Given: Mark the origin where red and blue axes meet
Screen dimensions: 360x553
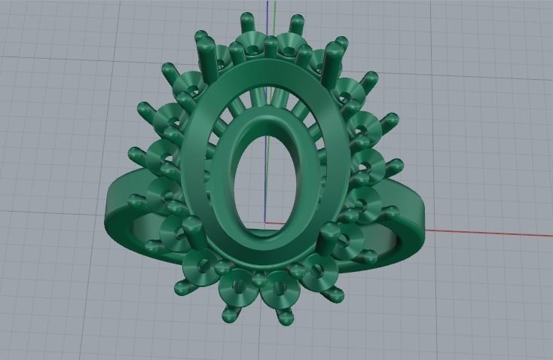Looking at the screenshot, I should (267, 223).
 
